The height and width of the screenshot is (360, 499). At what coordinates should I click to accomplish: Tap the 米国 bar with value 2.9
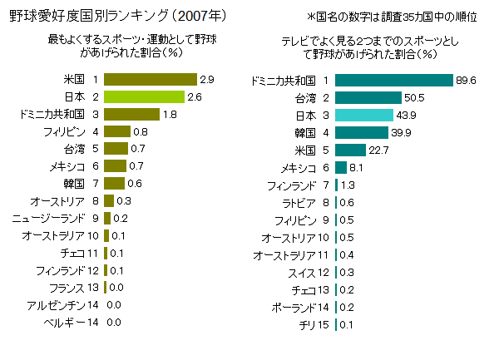tap(150, 79)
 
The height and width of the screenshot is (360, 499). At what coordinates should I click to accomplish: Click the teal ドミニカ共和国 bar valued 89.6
tap(393, 80)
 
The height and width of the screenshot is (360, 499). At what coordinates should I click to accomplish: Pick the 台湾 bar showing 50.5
tap(368, 97)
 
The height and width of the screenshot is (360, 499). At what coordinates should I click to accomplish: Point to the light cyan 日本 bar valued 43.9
tap(364, 115)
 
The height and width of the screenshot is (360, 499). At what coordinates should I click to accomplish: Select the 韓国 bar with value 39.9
tap(362, 132)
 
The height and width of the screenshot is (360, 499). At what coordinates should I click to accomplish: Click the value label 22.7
tap(379, 150)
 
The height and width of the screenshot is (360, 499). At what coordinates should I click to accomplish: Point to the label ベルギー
tap(65, 323)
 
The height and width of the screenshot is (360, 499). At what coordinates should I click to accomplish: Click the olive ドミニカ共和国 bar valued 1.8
tap(131, 114)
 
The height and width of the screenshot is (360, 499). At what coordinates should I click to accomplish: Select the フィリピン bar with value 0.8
tap(117, 131)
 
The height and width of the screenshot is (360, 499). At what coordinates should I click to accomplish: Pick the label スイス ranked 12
tap(303, 272)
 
